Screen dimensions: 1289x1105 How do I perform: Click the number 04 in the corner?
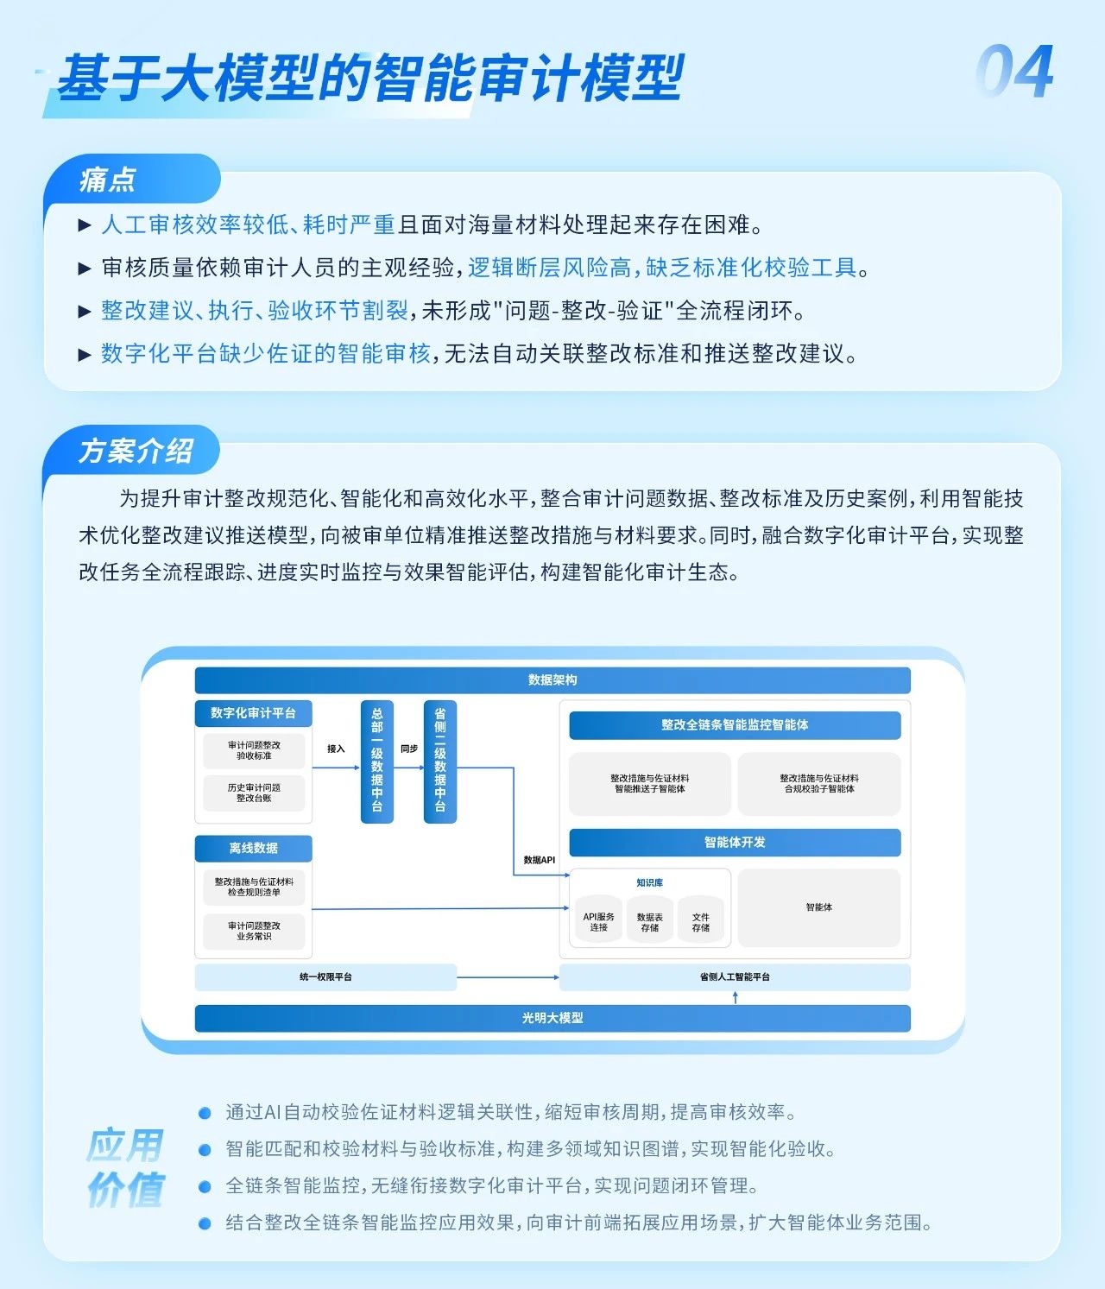coord(1015,73)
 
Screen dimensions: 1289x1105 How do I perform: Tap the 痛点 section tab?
coord(109,180)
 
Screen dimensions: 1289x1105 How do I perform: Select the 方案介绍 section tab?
coord(136,451)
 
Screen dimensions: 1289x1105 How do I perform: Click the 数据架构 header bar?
coord(552,680)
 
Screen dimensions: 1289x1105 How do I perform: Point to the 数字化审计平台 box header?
coord(253,713)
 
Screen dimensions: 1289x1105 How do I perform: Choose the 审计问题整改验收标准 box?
coord(254,750)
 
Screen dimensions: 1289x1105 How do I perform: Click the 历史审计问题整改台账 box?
coord(254,793)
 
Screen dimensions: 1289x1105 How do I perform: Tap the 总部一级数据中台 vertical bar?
coord(377,761)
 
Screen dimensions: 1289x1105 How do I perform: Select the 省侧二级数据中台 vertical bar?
coord(440,761)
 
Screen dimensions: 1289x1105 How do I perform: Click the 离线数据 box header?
coord(253,848)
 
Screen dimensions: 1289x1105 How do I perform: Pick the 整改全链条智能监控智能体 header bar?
coord(735,725)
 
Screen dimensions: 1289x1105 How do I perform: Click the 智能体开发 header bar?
coord(735,842)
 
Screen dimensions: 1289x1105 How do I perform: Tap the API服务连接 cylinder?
coord(598,922)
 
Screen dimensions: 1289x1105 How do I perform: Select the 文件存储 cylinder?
coord(700,922)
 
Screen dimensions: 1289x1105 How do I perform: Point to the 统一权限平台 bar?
coord(325,977)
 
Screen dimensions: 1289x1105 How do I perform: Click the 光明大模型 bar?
coord(552,1018)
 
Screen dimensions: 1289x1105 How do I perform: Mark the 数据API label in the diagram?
coord(539,860)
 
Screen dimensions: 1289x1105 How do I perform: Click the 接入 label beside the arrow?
coord(336,749)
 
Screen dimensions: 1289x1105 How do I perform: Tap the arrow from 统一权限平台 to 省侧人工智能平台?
coord(508,977)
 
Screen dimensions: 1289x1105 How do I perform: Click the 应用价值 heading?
coord(125,1167)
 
